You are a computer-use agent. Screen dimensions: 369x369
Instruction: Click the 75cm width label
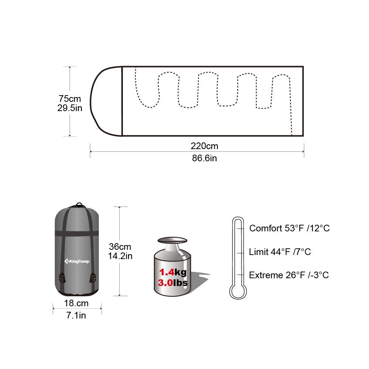coord(70,99)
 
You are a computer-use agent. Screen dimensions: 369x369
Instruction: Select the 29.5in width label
coord(70,108)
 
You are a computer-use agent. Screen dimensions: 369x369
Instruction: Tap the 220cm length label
coord(204,146)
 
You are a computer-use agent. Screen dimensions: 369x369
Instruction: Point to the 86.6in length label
coord(204,158)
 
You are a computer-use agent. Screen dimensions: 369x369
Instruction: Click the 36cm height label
coord(120,246)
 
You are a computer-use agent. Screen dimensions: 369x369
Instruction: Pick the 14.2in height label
coord(120,256)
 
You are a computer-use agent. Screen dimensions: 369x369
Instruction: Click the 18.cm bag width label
coord(76,303)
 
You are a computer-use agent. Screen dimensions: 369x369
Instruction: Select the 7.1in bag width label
coord(76,315)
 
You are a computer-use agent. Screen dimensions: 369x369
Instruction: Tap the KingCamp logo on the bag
coord(77,261)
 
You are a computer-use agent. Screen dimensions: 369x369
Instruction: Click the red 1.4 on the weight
coord(167,272)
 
